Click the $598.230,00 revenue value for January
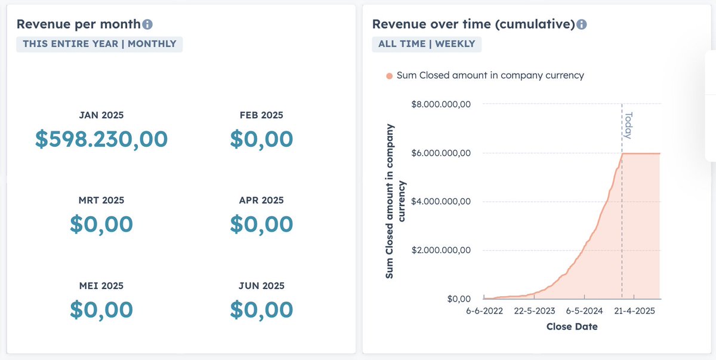[101, 139]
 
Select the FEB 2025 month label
[261, 115]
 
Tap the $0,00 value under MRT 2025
[101, 224]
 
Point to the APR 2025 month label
[261, 201]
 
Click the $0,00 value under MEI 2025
[101, 310]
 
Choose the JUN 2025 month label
[261, 286]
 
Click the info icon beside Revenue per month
[147, 24]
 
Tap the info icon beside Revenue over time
[582, 24]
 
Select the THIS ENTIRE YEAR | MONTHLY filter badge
[100, 44]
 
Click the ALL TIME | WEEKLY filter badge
[427, 44]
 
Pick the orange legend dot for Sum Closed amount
[390, 76]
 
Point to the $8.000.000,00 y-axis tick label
[442, 104]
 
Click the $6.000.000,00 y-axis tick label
[442, 153]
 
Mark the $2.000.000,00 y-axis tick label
[442, 250]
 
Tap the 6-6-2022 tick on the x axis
[484, 311]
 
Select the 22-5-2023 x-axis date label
[535, 311]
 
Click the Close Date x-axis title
[572, 327]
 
